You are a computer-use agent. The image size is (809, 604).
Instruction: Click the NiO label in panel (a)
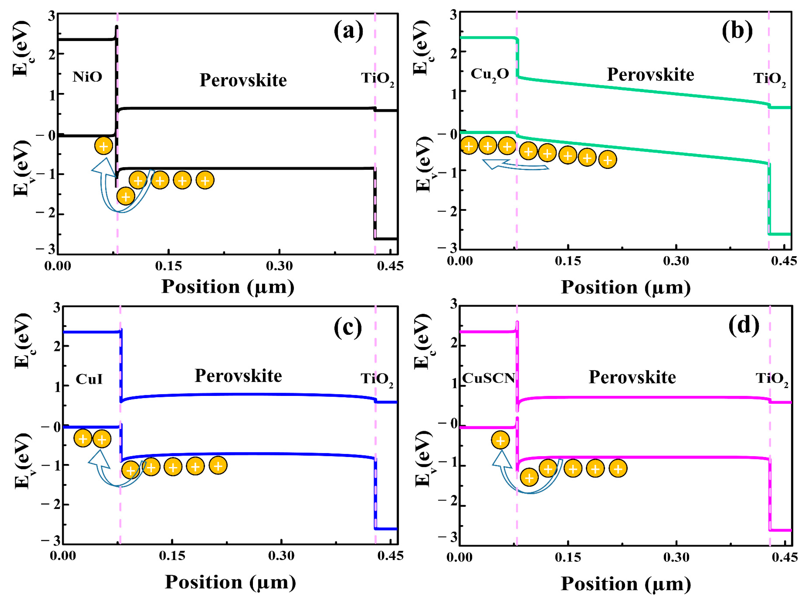[x=87, y=77]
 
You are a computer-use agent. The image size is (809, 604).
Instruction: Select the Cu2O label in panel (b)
[x=490, y=75]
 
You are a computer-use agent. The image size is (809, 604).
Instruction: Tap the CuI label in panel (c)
[x=89, y=379]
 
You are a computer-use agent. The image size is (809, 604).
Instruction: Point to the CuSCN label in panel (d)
[x=488, y=378]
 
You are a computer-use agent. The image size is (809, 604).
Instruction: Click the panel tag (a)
[x=348, y=31]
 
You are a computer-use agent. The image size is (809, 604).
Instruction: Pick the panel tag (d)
[x=744, y=325]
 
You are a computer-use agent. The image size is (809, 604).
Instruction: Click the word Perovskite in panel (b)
[x=650, y=75]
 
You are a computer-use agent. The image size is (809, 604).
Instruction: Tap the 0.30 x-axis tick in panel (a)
[x=279, y=266]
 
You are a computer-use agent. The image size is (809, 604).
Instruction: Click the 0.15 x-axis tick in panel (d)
[x=567, y=557]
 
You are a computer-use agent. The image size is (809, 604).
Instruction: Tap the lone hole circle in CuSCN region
[x=500, y=440]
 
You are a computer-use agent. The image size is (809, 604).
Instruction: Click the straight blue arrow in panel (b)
[x=516, y=165]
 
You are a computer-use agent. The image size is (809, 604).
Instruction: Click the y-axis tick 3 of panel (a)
[x=51, y=15]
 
